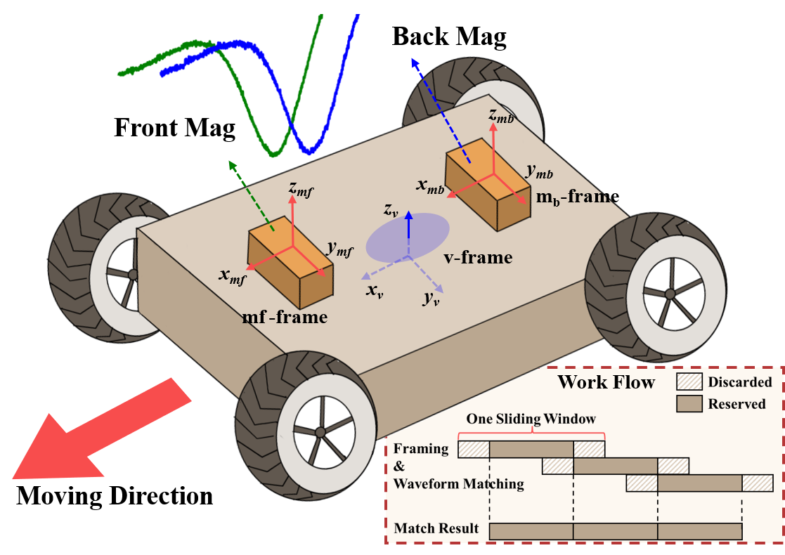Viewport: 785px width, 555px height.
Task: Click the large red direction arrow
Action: pyautogui.click(x=98, y=432)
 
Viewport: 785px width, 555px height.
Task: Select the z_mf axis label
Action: pyautogui.click(x=301, y=188)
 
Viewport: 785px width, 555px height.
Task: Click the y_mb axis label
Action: pyautogui.click(x=539, y=171)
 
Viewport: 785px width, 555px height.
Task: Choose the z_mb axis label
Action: pyautogui.click(x=501, y=116)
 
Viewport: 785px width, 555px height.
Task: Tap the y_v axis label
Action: pyautogui.click(x=432, y=298)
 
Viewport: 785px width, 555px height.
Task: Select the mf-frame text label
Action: pyautogui.click(x=285, y=317)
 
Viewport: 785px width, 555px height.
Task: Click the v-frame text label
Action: pyautogui.click(x=478, y=257)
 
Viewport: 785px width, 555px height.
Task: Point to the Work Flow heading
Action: pyautogui.click(x=606, y=382)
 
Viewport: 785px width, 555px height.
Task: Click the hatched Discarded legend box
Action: pyautogui.click(x=689, y=381)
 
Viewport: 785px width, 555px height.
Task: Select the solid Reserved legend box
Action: pyautogui.click(x=689, y=404)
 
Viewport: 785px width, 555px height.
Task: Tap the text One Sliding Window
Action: pyautogui.click(x=531, y=419)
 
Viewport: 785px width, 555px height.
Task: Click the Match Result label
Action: pyautogui.click(x=436, y=528)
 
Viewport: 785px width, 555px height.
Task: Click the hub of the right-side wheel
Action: pyautogui.click(x=669, y=292)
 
